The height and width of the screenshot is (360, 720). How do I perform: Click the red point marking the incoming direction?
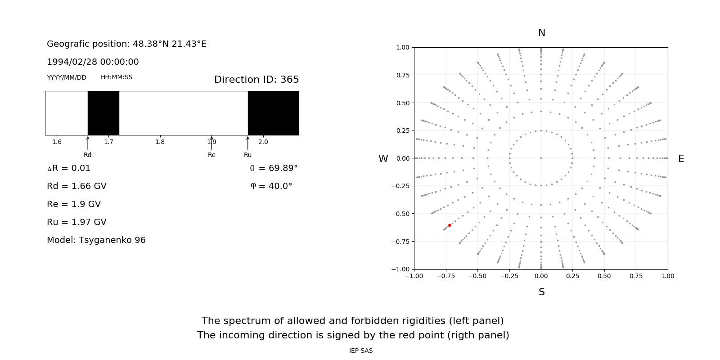tap(450, 225)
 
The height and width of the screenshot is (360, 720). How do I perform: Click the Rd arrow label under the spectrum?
tap(87, 155)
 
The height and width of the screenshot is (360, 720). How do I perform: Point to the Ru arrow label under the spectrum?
tap(247, 155)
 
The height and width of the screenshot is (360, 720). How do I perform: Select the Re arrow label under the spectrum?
tap(211, 155)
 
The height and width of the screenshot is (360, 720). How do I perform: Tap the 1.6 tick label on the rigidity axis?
tap(57, 142)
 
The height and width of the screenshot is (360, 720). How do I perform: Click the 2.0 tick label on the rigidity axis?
tap(263, 142)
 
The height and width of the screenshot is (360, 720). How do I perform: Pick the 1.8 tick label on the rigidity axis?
tap(160, 142)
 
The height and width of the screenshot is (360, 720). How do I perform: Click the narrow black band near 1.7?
tap(103, 113)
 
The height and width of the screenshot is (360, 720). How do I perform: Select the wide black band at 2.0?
tap(273, 113)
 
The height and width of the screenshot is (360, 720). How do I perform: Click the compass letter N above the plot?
tap(542, 33)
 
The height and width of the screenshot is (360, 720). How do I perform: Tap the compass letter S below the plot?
tap(542, 292)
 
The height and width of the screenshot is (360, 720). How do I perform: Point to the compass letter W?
tap(383, 159)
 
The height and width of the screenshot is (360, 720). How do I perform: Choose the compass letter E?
tap(681, 159)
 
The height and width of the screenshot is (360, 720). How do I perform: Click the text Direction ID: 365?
tap(256, 80)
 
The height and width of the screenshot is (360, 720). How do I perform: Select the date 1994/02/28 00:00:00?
tap(93, 62)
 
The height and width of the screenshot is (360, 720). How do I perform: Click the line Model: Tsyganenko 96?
tap(96, 240)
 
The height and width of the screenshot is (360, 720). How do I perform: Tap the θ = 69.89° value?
tap(274, 168)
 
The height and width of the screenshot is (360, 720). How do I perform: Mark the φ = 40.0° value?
tap(271, 186)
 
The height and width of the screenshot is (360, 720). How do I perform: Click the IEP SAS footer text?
tap(361, 351)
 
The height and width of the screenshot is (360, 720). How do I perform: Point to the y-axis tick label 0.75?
tap(402, 75)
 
